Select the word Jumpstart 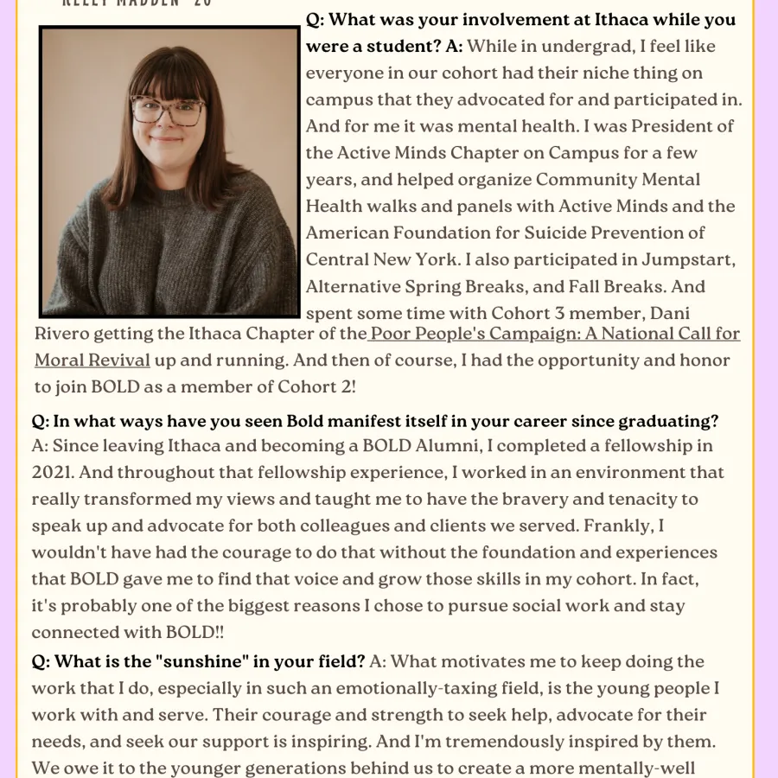[x=688, y=259]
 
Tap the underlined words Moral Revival [x=92, y=360]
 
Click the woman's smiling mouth [x=166, y=137]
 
